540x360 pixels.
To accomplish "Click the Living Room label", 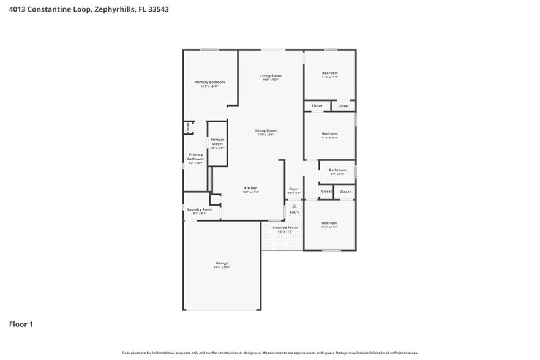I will [x=271, y=75].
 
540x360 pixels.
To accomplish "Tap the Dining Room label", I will [x=266, y=130].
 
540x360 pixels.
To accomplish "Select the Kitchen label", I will [x=251, y=188].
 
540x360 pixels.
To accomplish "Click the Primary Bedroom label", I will [x=209, y=82].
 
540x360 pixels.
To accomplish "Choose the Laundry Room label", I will [x=200, y=209].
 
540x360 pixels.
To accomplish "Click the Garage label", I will [x=222, y=263].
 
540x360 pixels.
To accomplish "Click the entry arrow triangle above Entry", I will [x=294, y=206].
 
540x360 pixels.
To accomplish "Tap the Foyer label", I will [x=294, y=189].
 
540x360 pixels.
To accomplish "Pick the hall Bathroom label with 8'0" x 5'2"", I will [x=337, y=170].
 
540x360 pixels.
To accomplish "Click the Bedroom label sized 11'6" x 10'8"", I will [x=330, y=133].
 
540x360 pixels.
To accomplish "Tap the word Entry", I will [x=294, y=212].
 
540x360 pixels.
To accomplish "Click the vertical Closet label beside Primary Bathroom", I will [x=188, y=127].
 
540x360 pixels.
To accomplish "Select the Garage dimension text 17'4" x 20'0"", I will [x=222, y=268].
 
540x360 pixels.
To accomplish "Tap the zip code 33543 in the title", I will [x=158, y=10].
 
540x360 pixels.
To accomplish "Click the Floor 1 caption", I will [x=21, y=324].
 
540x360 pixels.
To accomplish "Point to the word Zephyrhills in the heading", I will [x=114, y=10].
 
